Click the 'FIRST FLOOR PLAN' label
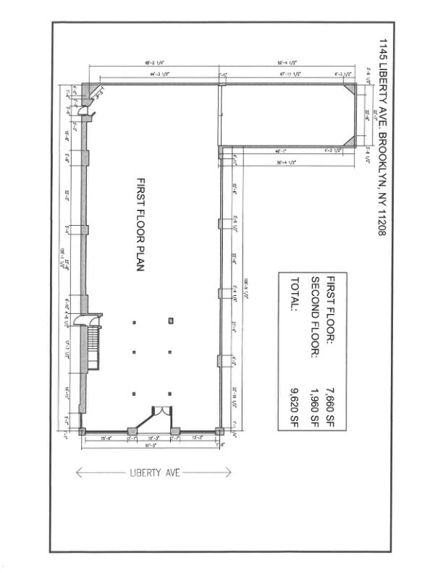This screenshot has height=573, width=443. [141, 224]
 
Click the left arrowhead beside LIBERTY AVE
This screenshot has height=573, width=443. [79, 472]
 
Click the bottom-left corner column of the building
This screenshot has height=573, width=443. [83, 432]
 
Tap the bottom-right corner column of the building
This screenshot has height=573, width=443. [220, 432]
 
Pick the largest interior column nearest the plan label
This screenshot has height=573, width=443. [170, 320]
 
